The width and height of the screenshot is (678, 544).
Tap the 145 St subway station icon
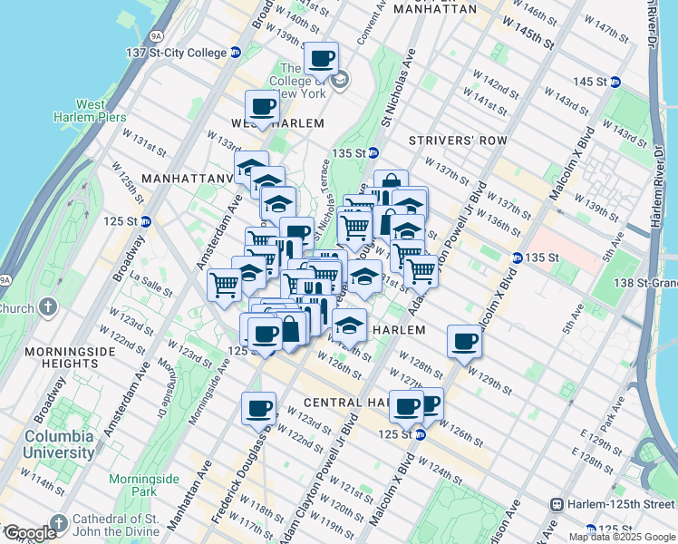click(615, 82)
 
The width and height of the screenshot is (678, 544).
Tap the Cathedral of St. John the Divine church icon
click(59, 523)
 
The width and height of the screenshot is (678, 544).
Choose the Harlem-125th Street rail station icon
click(557, 504)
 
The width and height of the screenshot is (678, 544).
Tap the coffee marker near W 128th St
click(465, 342)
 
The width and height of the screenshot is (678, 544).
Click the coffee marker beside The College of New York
click(321, 60)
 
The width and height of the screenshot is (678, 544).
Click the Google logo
click(29, 533)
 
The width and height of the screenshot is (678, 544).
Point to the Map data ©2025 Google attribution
click(621, 537)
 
